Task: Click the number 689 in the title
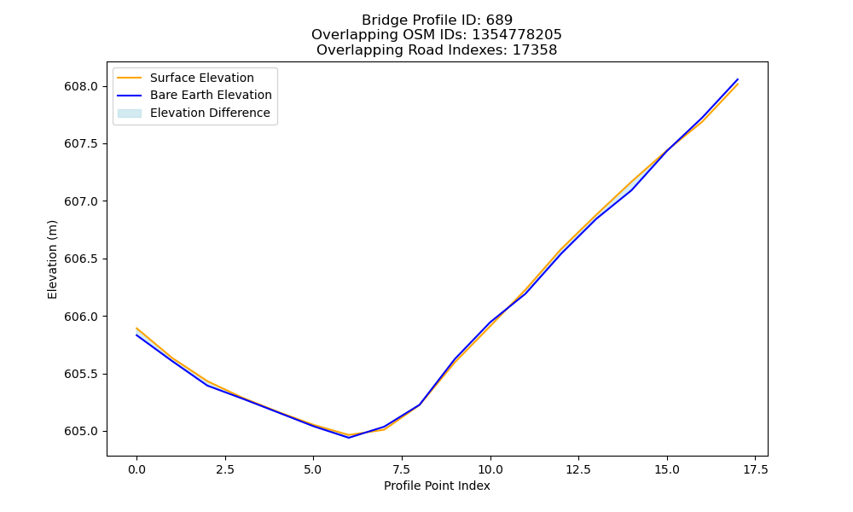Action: point(499,20)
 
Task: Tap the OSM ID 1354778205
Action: point(517,35)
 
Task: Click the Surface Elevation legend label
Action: point(202,78)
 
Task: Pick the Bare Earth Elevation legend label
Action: point(211,95)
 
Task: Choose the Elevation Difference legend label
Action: point(210,113)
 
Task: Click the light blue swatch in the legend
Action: point(130,113)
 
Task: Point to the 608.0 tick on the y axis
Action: point(81,86)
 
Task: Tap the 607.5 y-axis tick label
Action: point(81,143)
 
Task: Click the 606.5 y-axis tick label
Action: point(81,259)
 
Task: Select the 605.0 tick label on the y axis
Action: point(81,432)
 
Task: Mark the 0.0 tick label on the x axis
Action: point(136,469)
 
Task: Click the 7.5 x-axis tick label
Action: point(402,469)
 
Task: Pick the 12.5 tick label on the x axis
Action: point(578,469)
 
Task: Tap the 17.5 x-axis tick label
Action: point(755,469)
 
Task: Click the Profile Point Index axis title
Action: point(437,486)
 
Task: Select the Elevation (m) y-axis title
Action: point(52,259)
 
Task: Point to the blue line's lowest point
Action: point(349,438)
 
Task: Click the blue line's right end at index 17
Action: point(738,79)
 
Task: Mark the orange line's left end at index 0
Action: point(136,328)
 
